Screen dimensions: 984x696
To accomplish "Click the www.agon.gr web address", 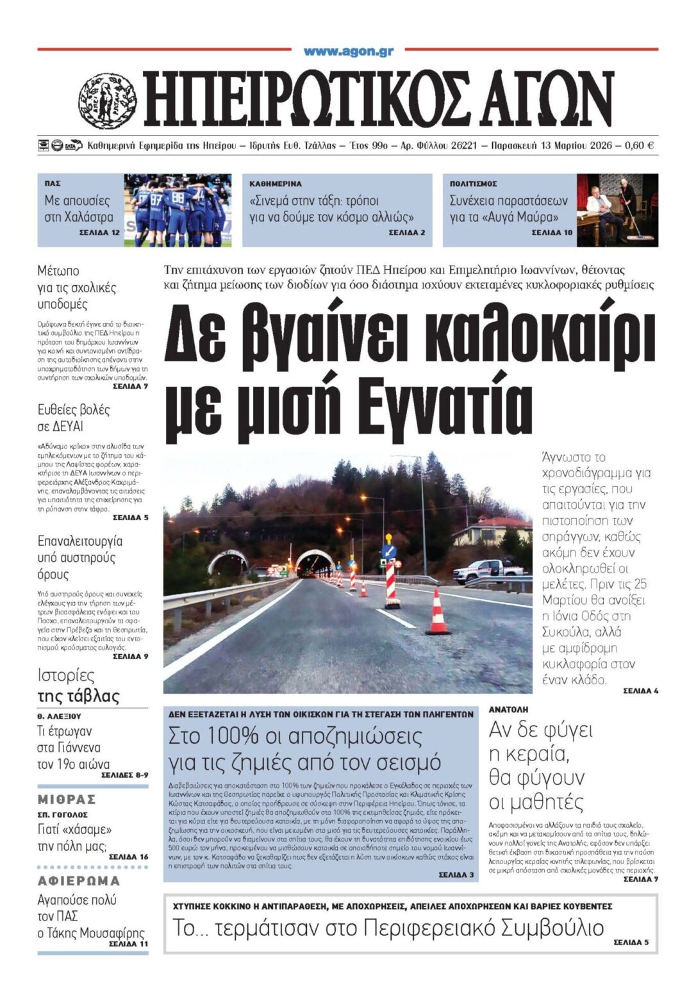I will click(x=348, y=51).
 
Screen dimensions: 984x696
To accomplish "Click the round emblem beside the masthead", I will click(x=107, y=101).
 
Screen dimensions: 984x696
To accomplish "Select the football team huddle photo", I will click(x=178, y=209).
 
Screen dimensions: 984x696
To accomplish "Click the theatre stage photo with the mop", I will click(x=617, y=209).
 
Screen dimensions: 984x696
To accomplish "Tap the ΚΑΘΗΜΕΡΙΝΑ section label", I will click(x=276, y=184).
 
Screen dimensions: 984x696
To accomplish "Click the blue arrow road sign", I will click(x=388, y=551).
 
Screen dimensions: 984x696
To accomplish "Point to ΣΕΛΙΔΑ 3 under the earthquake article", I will click(x=456, y=874).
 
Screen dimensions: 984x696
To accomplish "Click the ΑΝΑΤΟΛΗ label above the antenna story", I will click(x=508, y=710).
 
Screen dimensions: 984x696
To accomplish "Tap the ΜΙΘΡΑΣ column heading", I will click(x=67, y=799).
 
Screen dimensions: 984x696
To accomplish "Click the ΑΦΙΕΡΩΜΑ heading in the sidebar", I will click(x=79, y=881).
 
